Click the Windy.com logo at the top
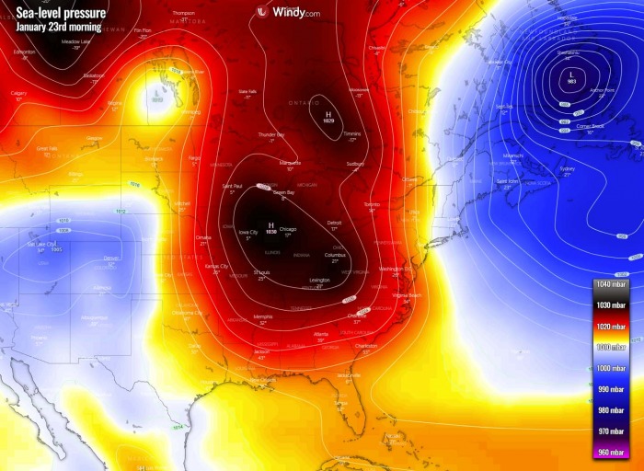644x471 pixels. click(x=288, y=12)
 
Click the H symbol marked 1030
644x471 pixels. click(x=270, y=224)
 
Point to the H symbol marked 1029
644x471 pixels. click(x=328, y=113)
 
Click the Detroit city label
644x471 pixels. click(x=335, y=224)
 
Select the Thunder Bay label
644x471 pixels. click(x=271, y=134)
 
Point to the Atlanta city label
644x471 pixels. click(x=320, y=334)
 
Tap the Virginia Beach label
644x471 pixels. click(x=407, y=294)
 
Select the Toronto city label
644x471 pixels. click(x=372, y=203)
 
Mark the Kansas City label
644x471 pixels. click(x=216, y=267)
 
